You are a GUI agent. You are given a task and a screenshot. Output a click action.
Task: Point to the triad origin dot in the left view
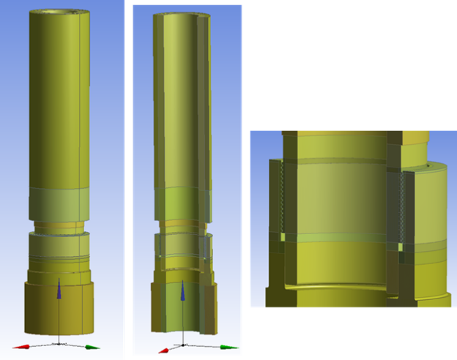59,340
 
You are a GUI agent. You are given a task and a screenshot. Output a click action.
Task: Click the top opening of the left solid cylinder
59,13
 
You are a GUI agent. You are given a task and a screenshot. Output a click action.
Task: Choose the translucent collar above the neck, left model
59,202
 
